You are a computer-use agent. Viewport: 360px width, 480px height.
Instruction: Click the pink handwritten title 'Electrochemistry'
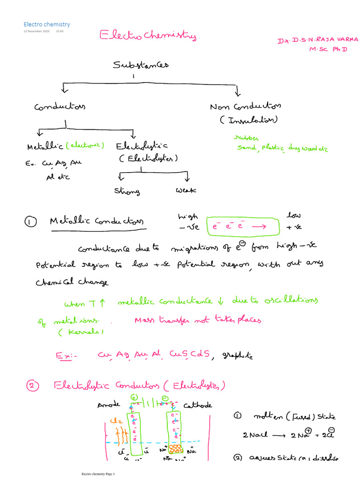147,36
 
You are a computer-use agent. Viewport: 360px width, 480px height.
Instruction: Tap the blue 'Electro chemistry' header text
47,24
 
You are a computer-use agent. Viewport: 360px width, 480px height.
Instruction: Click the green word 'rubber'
246,138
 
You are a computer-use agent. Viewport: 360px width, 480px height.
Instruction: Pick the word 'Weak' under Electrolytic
186,190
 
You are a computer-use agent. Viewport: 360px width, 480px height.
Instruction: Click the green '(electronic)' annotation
85,146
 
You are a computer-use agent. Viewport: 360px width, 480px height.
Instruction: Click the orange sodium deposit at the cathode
176,449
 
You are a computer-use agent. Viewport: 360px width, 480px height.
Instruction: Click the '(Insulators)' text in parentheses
248,120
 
